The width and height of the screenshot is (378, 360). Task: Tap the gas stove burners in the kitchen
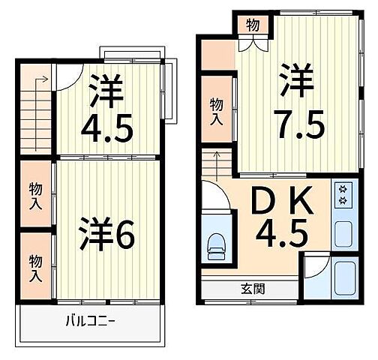click(x=344, y=194)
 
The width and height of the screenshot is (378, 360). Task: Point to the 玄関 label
click(x=252, y=288)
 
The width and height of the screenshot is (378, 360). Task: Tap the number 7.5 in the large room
click(x=299, y=124)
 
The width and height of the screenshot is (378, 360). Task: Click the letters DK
click(x=279, y=201)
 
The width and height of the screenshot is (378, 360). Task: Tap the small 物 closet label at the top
click(x=253, y=24)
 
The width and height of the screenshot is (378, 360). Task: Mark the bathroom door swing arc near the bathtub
click(x=316, y=264)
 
